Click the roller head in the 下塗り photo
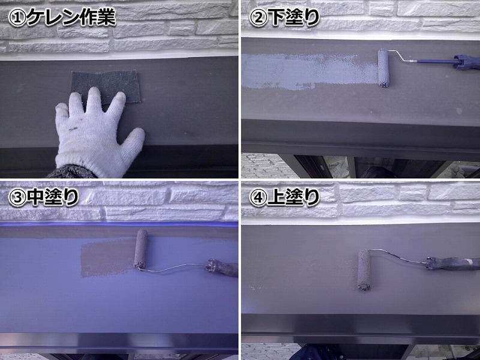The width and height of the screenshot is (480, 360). click(x=382, y=69)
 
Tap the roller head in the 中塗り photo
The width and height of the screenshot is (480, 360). click(x=141, y=249)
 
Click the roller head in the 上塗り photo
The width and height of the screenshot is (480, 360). click(x=364, y=269)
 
